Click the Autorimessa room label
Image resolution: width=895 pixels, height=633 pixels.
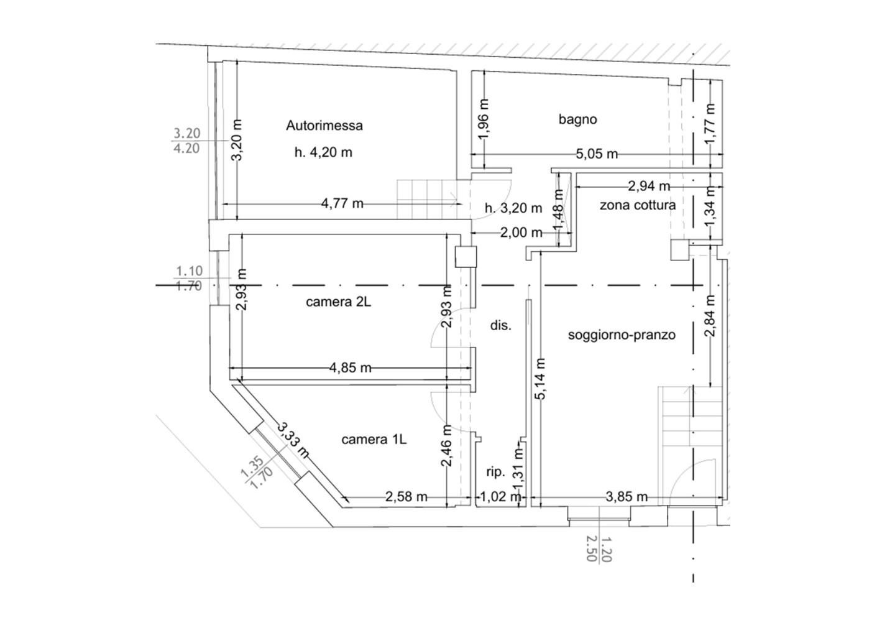[x=324, y=126]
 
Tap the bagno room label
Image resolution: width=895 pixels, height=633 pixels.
[x=578, y=119]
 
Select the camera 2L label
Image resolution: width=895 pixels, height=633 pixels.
[x=338, y=302]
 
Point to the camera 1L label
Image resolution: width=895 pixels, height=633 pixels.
[x=374, y=440]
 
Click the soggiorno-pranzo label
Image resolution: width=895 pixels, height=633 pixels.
[x=622, y=335]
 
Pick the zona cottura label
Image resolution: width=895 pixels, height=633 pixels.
[x=638, y=205]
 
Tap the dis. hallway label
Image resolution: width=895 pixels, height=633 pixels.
[x=501, y=326]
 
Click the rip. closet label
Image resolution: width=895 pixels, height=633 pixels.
[x=496, y=473]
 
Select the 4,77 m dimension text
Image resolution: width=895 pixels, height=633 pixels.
[x=342, y=204]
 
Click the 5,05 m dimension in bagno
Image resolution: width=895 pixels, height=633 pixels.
[x=597, y=154]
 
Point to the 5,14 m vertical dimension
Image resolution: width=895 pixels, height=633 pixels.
[x=540, y=379]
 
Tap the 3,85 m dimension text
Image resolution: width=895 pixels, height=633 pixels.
[x=626, y=497]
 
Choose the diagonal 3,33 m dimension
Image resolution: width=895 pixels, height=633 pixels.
[x=293, y=440]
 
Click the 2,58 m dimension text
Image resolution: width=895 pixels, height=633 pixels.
[x=406, y=497]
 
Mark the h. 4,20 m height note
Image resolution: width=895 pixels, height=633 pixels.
[x=323, y=153]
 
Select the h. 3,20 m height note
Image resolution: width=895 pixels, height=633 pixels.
[x=513, y=208]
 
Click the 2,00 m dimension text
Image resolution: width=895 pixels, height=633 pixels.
[x=521, y=232]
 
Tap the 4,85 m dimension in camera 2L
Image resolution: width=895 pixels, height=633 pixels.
[x=351, y=367]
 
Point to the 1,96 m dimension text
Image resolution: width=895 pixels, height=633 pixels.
[x=484, y=120]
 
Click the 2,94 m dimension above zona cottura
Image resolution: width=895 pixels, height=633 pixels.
[x=649, y=186]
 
